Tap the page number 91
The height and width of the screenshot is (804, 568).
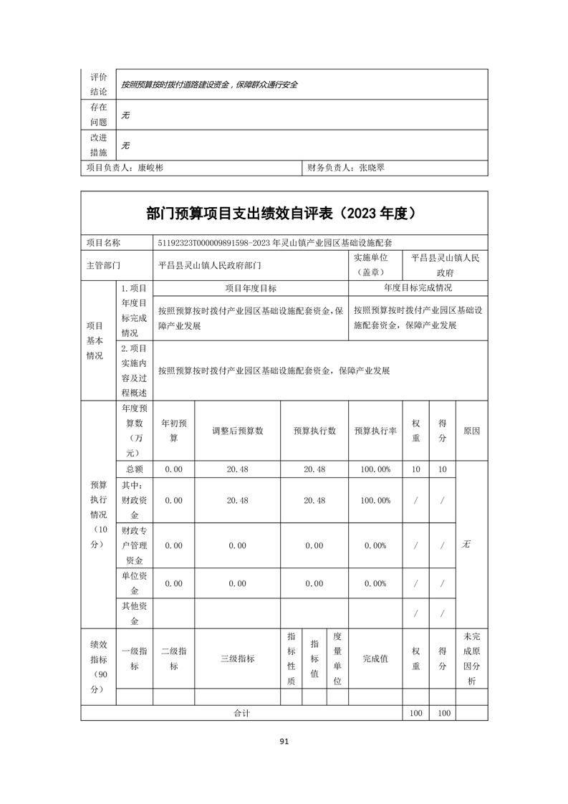(284, 742)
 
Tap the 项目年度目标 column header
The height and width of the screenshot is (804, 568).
(251, 288)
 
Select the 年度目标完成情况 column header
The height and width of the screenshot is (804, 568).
(418, 288)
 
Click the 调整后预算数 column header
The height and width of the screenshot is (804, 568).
(237, 431)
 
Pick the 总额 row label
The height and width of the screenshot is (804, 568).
(135, 469)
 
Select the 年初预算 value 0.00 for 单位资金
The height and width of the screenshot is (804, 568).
(173, 583)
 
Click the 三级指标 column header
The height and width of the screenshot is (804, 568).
(237, 658)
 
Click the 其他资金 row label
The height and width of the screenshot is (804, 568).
(135, 613)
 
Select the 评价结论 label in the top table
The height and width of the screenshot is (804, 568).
(98, 84)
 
